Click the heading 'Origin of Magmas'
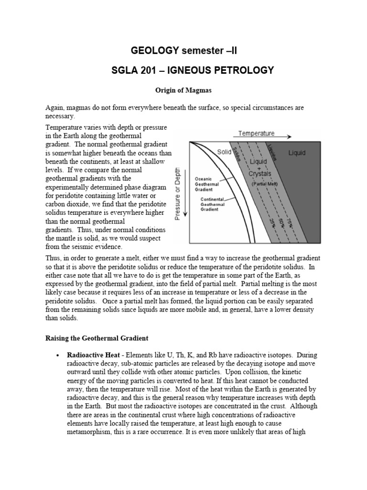(x=183, y=90)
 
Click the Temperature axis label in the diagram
(x=256, y=134)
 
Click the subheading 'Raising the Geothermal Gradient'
(x=97, y=338)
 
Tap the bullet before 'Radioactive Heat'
(x=58, y=356)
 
